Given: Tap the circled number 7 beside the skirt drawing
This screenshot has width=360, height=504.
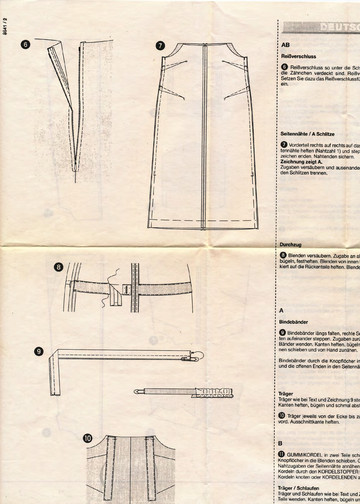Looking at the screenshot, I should point(160,45).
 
